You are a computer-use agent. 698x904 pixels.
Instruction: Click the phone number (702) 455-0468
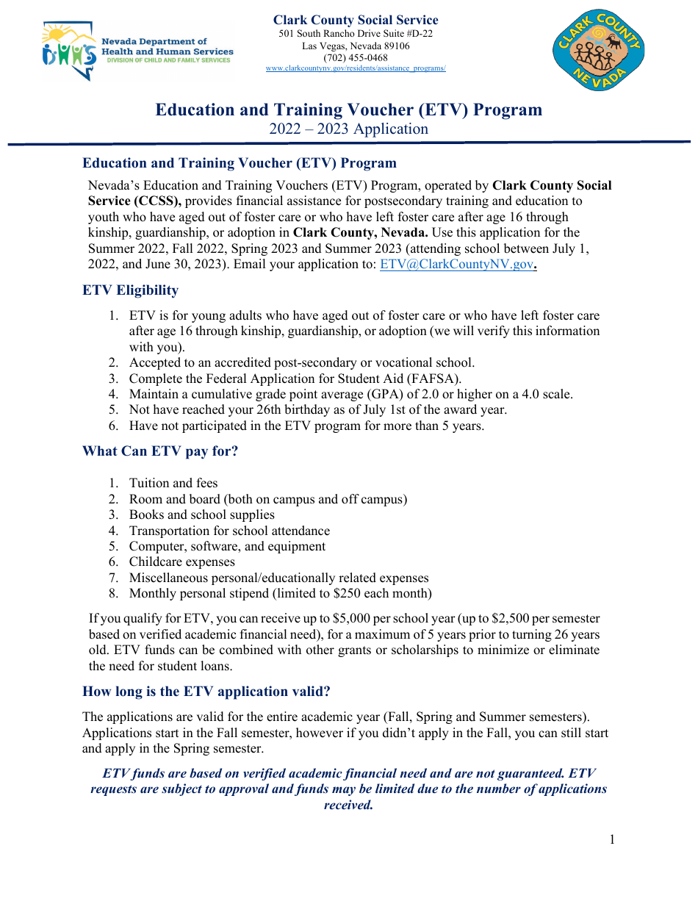(356, 57)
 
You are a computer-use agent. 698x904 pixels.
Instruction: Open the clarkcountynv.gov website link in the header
(356, 68)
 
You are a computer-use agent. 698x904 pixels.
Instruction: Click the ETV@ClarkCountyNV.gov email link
(456, 265)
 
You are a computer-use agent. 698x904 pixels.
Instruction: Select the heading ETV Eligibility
(130, 290)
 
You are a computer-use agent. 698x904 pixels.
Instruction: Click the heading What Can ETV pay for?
(160, 451)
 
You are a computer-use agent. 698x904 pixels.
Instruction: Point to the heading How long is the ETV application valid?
(206, 691)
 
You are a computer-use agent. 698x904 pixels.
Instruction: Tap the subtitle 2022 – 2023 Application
(348, 129)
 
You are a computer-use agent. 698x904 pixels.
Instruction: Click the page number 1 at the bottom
(612, 839)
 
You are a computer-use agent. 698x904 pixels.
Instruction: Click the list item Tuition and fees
(173, 483)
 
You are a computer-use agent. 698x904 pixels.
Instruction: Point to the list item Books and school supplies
(201, 514)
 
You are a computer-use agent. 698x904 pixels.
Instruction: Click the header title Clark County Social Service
(356, 21)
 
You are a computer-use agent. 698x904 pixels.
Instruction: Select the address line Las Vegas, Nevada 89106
(356, 46)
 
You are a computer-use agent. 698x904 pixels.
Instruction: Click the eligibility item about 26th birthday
(318, 410)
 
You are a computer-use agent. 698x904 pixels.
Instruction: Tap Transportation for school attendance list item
(229, 531)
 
